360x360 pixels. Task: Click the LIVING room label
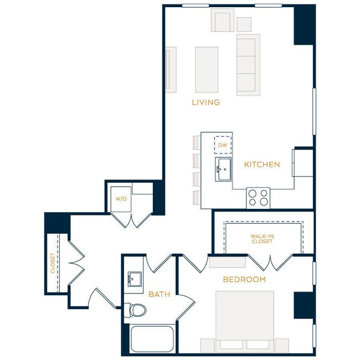[x=205, y=102]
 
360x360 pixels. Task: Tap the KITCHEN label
[x=261, y=164]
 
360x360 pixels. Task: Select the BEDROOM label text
[x=244, y=280]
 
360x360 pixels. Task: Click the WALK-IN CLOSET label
[x=262, y=239]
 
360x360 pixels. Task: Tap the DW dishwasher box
[x=223, y=145]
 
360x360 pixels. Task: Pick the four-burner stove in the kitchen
[x=259, y=197]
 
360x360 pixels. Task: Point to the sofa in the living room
[x=248, y=64]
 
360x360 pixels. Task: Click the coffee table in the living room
[x=206, y=69]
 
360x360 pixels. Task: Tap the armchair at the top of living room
[x=222, y=22]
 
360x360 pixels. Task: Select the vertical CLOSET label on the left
[x=53, y=263]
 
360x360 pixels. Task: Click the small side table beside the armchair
[x=244, y=24]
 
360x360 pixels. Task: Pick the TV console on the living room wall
[x=171, y=69]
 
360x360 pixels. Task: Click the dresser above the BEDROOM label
[x=227, y=262]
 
